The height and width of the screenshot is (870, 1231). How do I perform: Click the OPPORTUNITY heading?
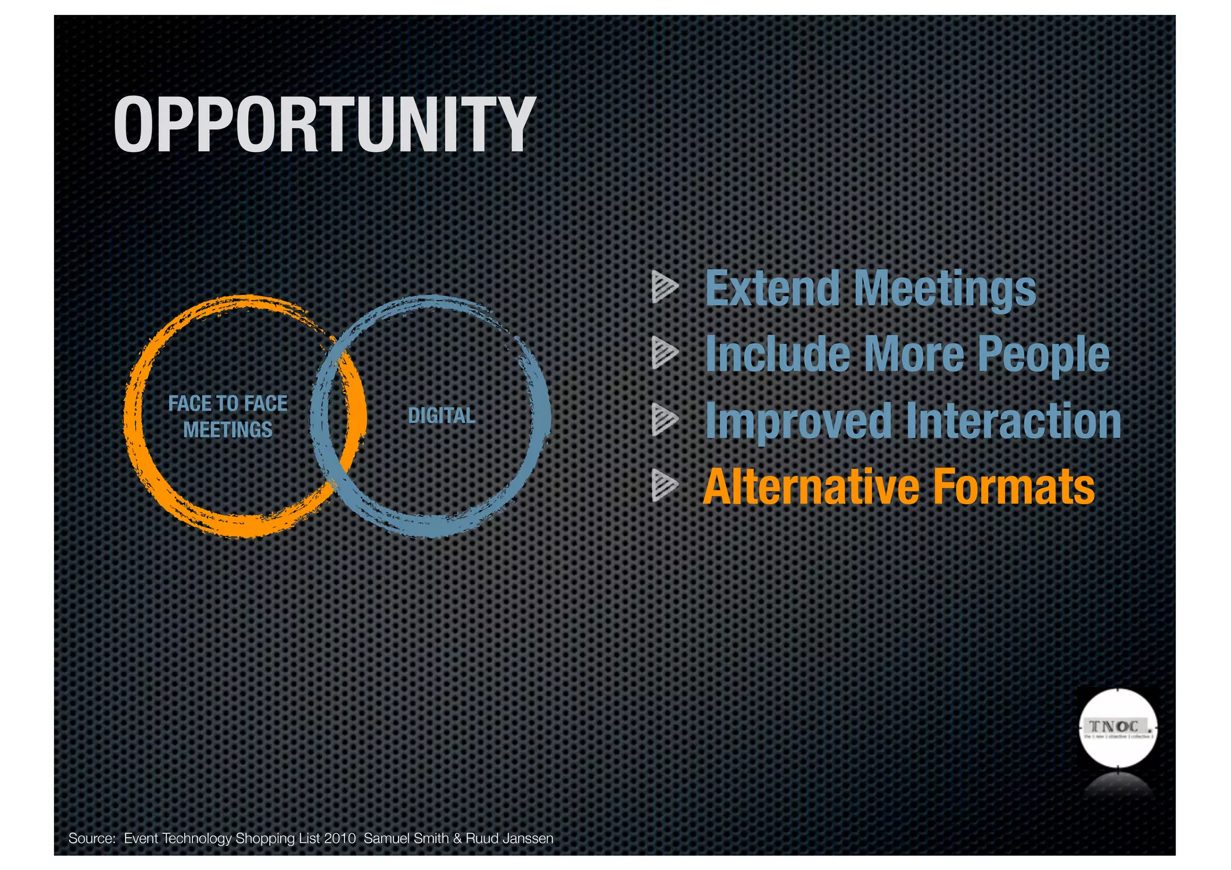pos(324,124)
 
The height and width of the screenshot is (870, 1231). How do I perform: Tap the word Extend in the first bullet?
pos(772,288)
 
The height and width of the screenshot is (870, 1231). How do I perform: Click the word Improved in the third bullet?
pos(798,422)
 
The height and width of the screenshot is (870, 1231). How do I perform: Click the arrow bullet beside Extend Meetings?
pos(664,287)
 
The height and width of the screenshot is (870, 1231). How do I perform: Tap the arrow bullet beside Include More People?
pos(664,353)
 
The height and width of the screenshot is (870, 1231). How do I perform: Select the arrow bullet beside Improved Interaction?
pos(664,419)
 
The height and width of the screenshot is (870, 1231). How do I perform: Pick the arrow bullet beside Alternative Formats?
pos(664,485)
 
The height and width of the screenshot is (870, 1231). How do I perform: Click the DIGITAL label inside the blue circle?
pos(441,415)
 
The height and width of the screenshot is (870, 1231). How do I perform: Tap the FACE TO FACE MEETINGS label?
pos(228,416)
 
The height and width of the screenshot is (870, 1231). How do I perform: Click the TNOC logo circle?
pos(1117,728)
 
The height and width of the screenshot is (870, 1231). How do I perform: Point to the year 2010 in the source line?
pos(340,838)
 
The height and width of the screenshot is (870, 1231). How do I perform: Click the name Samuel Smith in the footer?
pos(406,838)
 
